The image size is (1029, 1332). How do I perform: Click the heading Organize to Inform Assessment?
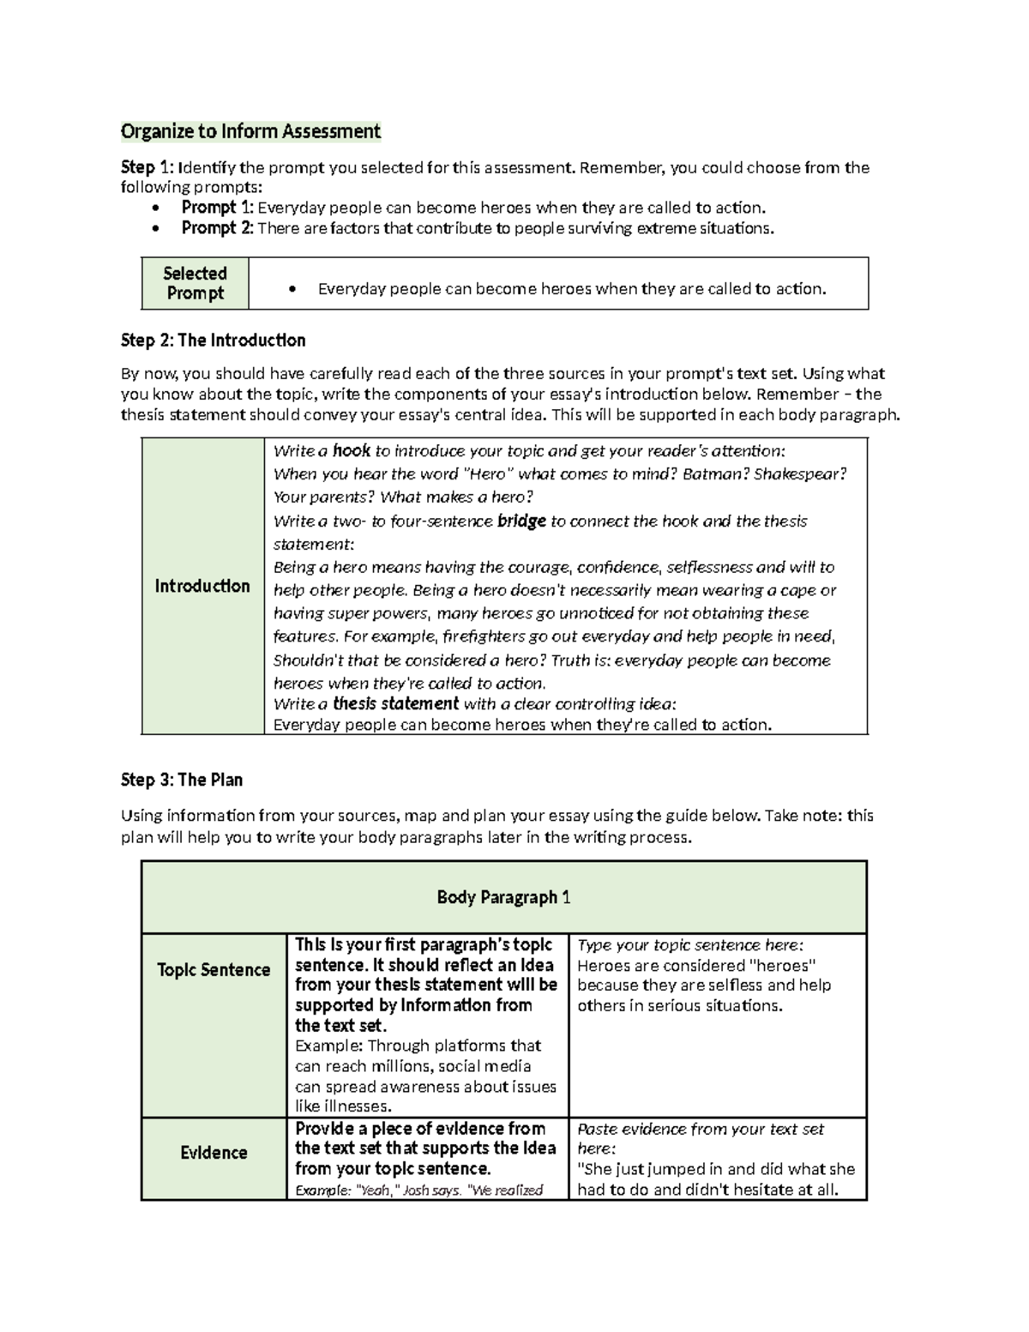pyautogui.click(x=250, y=131)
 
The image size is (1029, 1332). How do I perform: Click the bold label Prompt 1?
pyautogui.click(x=217, y=208)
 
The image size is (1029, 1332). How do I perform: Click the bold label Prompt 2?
pyautogui.click(x=217, y=228)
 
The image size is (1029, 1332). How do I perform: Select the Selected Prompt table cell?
pyautogui.click(x=196, y=283)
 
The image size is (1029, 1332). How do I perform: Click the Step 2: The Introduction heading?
pyautogui.click(x=213, y=341)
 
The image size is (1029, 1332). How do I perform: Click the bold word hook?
pyautogui.click(x=351, y=451)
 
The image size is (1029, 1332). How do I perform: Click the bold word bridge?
pyautogui.click(x=521, y=521)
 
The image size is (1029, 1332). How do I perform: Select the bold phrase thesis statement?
pyautogui.click(x=395, y=704)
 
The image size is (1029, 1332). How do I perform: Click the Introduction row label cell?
pyautogui.click(x=202, y=586)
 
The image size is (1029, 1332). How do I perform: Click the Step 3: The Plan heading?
pyautogui.click(x=182, y=781)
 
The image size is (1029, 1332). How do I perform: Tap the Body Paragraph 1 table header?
pyautogui.click(x=503, y=897)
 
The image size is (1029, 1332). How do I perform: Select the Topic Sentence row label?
pyautogui.click(x=214, y=970)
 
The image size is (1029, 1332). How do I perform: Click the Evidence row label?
pyautogui.click(x=214, y=1153)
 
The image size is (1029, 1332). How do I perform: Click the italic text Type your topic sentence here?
pyautogui.click(x=690, y=945)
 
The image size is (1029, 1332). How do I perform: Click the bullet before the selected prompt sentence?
pyautogui.click(x=293, y=290)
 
